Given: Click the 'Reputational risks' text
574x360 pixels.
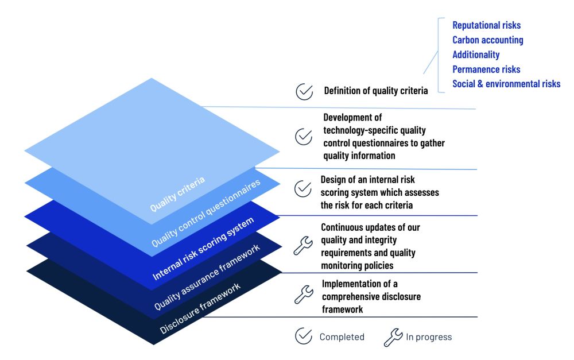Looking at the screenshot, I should pyautogui.click(x=486, y=25).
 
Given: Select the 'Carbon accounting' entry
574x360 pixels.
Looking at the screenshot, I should pyautogui.click(x=487, y=40).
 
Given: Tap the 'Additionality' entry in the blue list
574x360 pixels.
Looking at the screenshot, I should pyautogui.click(x=476, y=55).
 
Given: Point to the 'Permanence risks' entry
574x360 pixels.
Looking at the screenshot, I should pyautogui.click(x=486, y=69).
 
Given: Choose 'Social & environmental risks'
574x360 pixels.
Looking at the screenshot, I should pyautogui.click(x=506, y=84).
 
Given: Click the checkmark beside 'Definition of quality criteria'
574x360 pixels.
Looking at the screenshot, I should pyautogui.click(x=304, y=91).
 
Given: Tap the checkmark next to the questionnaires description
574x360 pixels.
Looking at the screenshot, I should pyautogui.click(x=303, y=137).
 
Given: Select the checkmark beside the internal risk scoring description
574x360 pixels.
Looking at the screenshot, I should pyautogui.click(x=302, y=188).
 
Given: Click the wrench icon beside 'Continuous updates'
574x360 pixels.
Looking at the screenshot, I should pyautogui.click(x=302, y=245).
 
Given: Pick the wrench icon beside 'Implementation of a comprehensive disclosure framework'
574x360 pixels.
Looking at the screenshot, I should pyautogui.click(x=302, y=295).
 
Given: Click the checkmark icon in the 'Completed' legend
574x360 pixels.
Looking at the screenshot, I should pyautogui.click(x=303, y=336).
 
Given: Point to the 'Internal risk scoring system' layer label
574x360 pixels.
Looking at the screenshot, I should pyautogui.click(x=203, y=247).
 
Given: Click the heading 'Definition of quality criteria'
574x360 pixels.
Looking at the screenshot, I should pyautogui.click(x=375, y=91).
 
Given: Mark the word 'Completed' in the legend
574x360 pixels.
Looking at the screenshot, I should pyautogui.click(x=342, y=337).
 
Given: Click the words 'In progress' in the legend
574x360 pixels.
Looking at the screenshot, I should pyautogui.click(x=429, y=337).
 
